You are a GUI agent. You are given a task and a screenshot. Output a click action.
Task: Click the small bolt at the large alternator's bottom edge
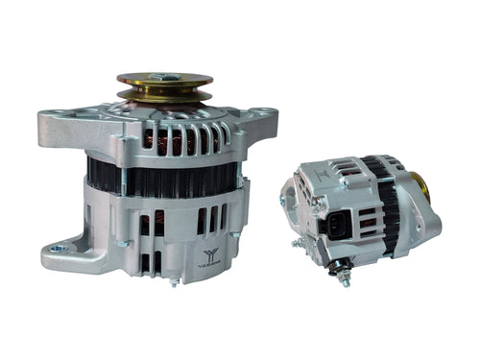pos(174,281)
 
